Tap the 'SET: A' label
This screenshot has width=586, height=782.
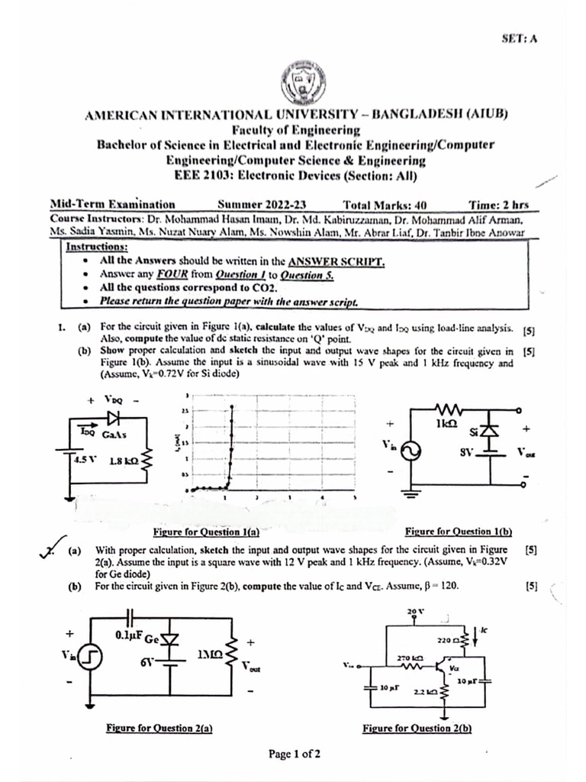[x=520, y=38]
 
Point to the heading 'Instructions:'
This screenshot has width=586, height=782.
[x=97, y=247]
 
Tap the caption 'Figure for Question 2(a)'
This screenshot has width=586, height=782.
[x=159, y=728]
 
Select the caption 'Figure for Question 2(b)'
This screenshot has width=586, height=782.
[x=417, y=728]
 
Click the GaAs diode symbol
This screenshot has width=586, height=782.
[x=114, y=418]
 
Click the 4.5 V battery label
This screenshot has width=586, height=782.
[x=85, y=460]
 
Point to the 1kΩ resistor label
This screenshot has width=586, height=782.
[x=446, y=422]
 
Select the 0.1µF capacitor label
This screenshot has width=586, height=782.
[x=129, y=635]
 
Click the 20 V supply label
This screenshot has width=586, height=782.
[x=415, y=612]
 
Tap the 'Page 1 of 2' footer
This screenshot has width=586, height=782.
[x=294, y=754]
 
